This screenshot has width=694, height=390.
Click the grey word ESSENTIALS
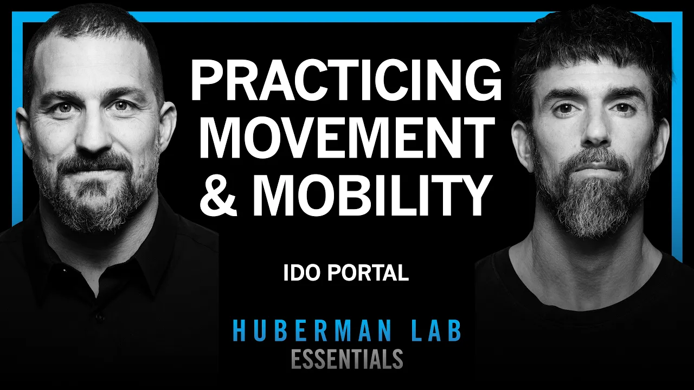347,359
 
